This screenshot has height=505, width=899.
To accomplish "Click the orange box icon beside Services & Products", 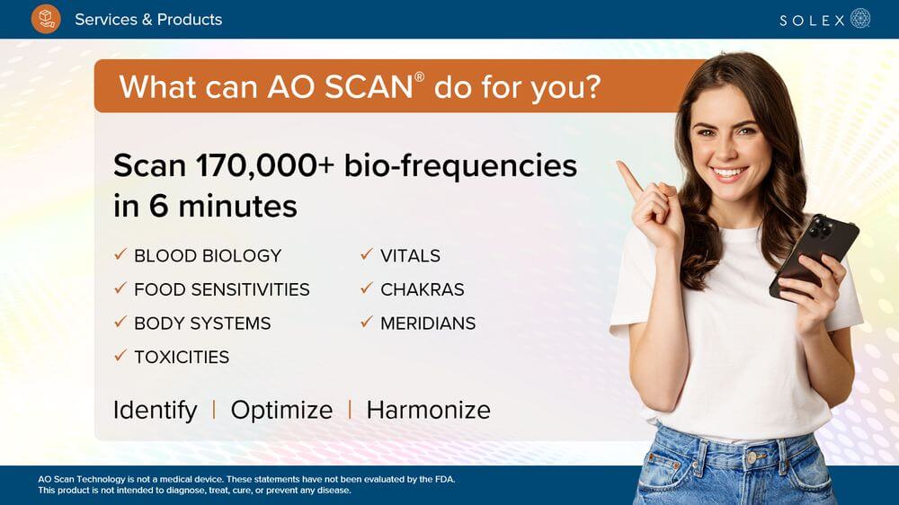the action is click(x=46, y=19).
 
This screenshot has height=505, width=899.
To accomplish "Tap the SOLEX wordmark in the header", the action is click(x=812, y=21).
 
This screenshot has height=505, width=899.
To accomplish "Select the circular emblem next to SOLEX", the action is click(x=860, y=18).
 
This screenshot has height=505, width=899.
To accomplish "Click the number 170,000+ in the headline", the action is click(x=265, y=165).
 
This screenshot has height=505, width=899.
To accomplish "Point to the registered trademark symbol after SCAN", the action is click(x=420, y=76).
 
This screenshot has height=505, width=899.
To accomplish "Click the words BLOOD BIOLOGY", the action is click(x=208, y=256).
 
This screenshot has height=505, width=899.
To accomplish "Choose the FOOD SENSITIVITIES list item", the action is click(x=222, y=289).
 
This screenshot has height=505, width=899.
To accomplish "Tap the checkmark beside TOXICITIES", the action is click(x=120, y=356).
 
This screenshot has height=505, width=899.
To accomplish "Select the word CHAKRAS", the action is click(x=423, y=289).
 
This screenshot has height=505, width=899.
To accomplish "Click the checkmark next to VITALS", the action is click(x=367, y=254).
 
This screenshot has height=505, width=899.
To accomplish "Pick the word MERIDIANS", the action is click(x=428, y=323).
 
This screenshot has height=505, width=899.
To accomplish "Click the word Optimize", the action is click(x=281, y=411).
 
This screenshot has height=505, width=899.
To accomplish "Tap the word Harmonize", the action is click(x=428, y=411).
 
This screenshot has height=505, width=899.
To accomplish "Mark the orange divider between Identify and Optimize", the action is click(x=214, y=410).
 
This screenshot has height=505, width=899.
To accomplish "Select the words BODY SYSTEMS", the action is click(x=202, y=323).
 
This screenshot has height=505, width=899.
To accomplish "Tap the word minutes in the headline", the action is click(x=238, y=206).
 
